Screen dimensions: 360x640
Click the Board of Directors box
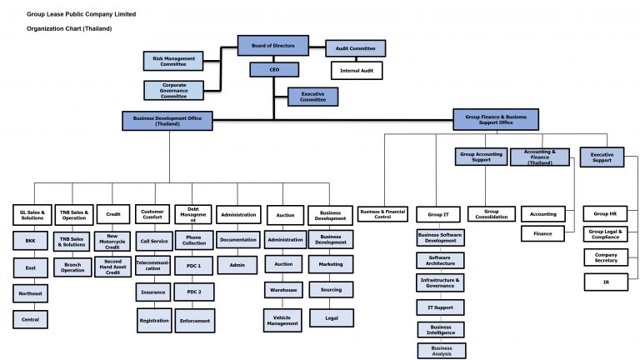[x=273, y=46]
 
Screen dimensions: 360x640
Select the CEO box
[x=273, y=70]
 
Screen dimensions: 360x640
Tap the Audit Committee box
[x=355, y=48]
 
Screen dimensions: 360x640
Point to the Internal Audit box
[x=357, y=71]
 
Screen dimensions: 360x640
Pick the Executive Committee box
[x=312, y=97]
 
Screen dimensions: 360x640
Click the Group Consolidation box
[x=492, y=214]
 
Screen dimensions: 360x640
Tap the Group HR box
[x=606, y=213]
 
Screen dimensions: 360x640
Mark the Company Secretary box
[x=606, y=257]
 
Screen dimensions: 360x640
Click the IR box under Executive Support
[x=606, y=283]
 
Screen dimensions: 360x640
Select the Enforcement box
[x=193, y=320]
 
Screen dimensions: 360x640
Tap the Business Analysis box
[x=442, y=351]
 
